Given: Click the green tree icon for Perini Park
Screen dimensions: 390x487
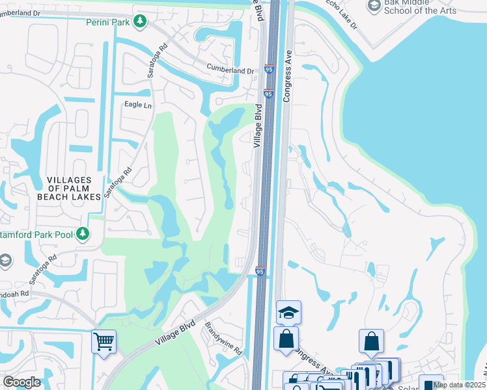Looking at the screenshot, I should [x=139, y=22].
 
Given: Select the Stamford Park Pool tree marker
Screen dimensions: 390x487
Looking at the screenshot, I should [x=82, y=233].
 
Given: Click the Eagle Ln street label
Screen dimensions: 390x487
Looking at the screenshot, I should [x=137, y=105].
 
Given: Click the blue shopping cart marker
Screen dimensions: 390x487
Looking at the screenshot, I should [x=104, y=341].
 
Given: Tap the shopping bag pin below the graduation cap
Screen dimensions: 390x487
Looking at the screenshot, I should [x=286, y=338].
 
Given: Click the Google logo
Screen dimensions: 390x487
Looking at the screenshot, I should [x=21, y=382].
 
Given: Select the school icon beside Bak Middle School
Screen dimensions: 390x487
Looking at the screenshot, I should [x=374, y=6].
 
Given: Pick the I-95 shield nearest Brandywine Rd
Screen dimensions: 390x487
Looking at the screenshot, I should [x=260, y=271].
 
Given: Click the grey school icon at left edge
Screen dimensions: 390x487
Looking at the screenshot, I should [x=4, y=261].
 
